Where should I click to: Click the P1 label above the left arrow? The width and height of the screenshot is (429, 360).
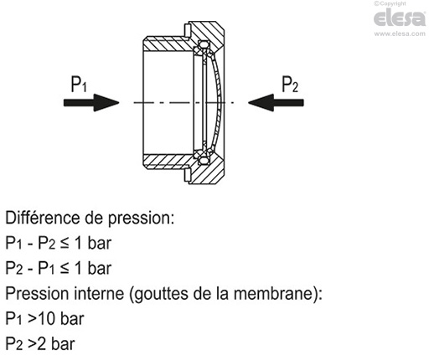pyautogui.click(x=79, y=84)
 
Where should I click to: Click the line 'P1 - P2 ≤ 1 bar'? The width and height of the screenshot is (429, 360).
pyautogui.click(x=59, y=244)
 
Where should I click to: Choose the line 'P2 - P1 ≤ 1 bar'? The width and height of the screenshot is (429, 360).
pyautogui.click(x=59, y=269)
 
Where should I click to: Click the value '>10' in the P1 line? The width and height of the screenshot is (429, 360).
pyautogui.click(x=42, y=319)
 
